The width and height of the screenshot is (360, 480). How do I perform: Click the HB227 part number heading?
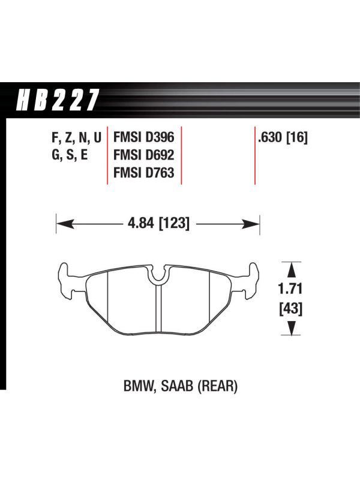58,100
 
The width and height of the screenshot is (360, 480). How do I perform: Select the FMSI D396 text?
143,137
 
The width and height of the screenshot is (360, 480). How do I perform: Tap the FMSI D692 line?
143,155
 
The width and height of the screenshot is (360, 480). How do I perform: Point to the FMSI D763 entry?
143,173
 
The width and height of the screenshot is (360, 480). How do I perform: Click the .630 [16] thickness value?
283,137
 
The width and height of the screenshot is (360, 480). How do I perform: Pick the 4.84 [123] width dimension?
158,223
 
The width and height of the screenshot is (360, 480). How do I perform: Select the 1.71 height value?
290,289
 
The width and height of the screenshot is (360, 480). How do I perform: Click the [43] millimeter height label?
290,308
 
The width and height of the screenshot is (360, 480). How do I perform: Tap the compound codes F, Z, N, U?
77,137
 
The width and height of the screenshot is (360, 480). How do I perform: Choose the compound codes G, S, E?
70,155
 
